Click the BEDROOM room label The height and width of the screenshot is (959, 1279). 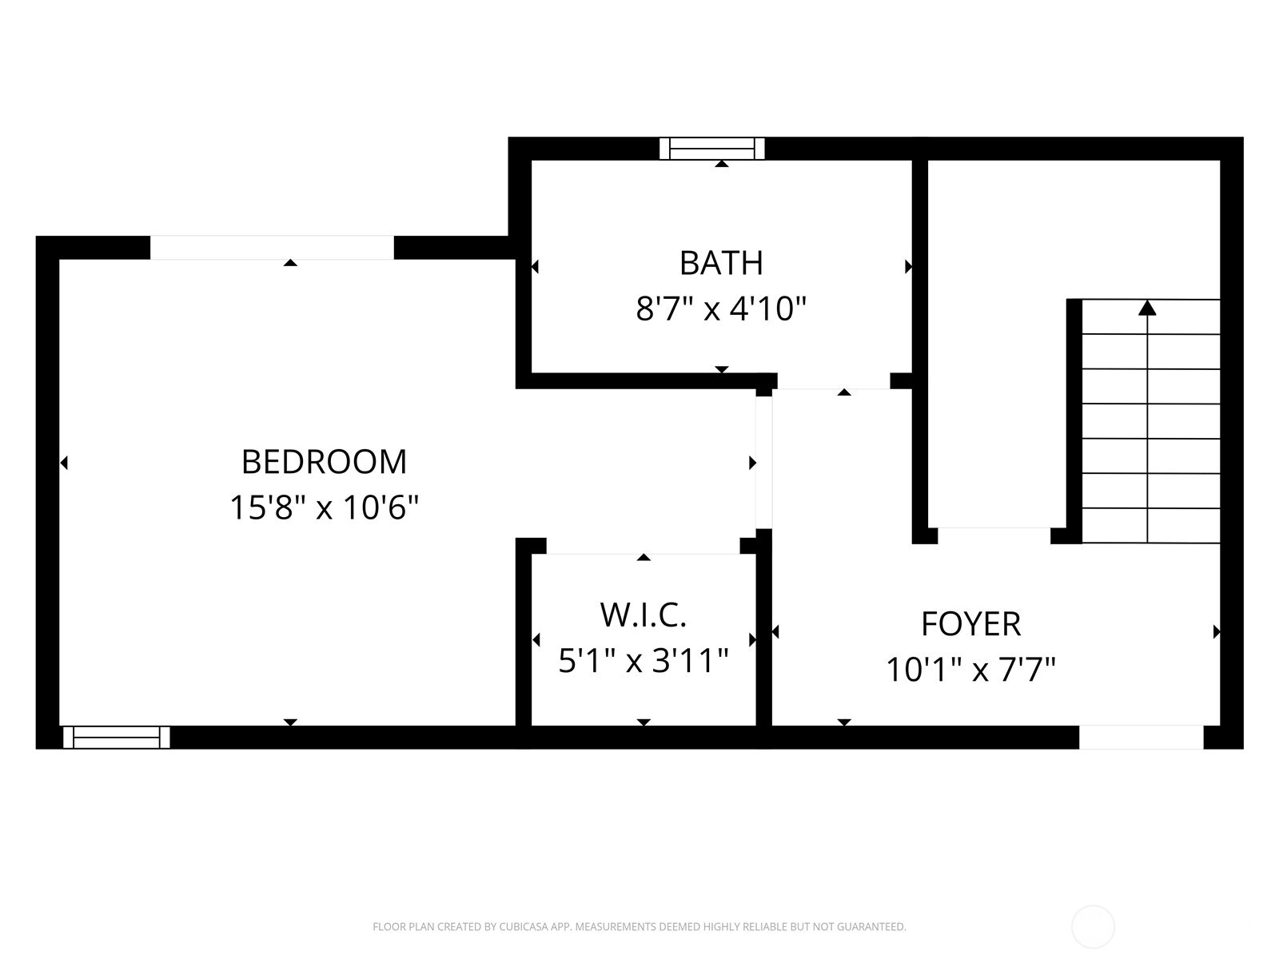point(324,462)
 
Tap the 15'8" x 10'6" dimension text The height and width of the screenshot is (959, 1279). point(324,507)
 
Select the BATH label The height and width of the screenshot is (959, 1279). point(721,263)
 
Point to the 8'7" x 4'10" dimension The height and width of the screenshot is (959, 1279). point(721,308)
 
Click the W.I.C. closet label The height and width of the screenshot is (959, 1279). point(643,615)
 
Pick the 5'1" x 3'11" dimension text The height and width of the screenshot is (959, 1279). point(643,661)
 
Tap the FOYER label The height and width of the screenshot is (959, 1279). point(970,624)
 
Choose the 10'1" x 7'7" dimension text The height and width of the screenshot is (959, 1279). point(970,669)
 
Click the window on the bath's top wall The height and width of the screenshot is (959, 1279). point(711,149)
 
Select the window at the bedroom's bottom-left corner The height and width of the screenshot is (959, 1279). point(117,737)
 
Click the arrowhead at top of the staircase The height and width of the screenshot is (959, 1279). point(1147,308)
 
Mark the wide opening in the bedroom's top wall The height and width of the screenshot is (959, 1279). point(272,248)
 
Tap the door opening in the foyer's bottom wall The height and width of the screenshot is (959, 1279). point(1141,737)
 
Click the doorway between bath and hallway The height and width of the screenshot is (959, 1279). point(834,381)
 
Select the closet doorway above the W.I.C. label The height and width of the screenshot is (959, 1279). point(643,547)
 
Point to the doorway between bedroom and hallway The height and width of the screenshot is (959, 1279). point(763,463)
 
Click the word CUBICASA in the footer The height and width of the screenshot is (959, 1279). point(524,927)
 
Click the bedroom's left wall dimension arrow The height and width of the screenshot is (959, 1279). point(64,463)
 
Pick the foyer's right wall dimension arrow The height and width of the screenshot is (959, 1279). point(1217,631)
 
